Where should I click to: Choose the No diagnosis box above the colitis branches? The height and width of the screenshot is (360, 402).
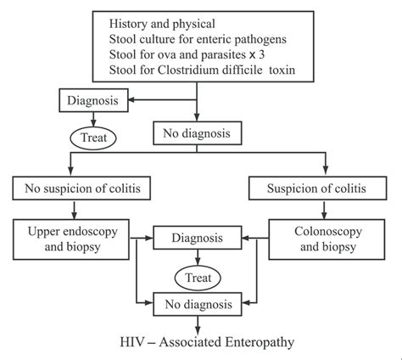coord(197,132)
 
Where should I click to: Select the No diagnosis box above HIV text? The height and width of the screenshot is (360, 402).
coord(196,301)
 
